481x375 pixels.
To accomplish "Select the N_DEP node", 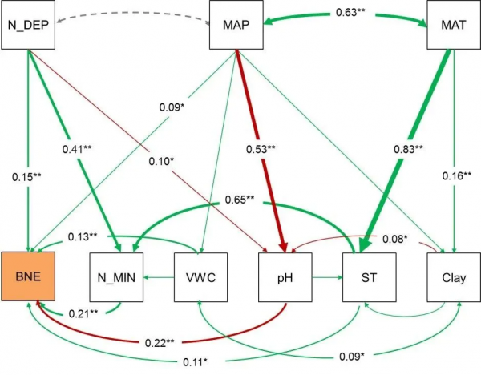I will point(27,25).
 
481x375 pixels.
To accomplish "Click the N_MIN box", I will point(116,278).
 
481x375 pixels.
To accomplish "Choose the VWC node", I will point(200,278).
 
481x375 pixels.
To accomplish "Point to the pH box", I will point(284,278).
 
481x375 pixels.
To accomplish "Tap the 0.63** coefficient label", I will point(346,14).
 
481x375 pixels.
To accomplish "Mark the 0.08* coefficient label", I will point(394,238).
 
